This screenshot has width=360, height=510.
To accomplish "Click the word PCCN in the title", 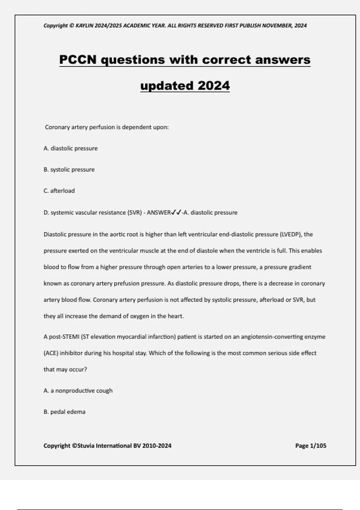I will click(x=78, y=59).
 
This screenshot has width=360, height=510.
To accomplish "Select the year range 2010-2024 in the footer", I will click(x=157, y=445).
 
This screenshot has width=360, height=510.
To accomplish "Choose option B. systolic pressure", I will click(x=69, y=169).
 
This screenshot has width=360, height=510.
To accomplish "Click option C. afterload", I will click(x=59, y=191).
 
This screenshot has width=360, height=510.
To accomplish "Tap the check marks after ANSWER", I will click(x=176, y=212).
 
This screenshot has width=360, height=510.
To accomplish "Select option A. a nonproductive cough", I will click(x=78, y=391).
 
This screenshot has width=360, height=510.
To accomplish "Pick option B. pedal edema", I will click(x=64, y=412).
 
